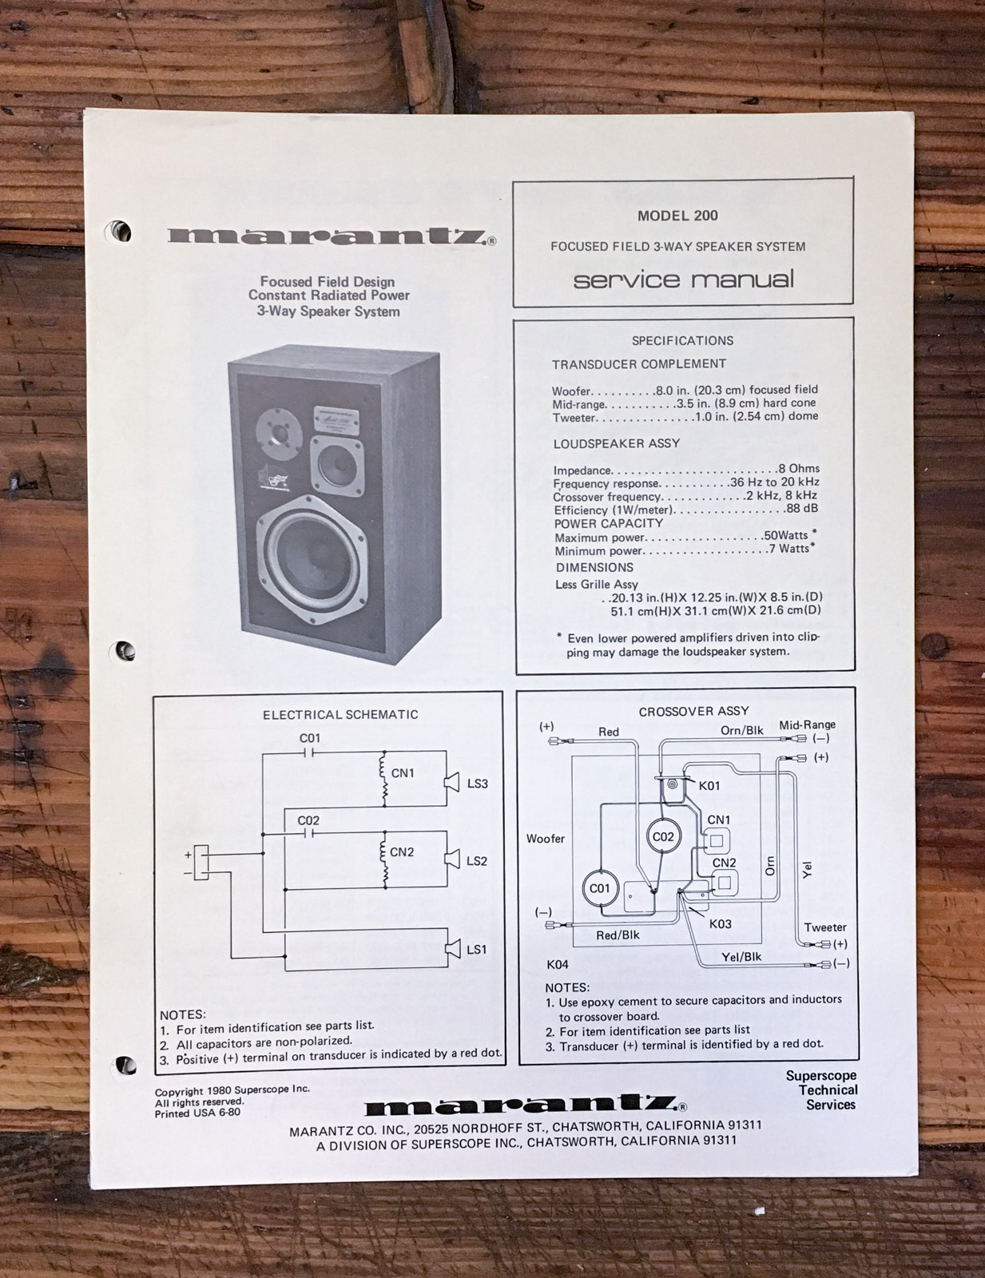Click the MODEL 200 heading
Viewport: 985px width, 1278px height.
click(677, 216)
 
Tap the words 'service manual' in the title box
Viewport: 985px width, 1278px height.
click(683, 279)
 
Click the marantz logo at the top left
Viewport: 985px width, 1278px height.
click(332, 236)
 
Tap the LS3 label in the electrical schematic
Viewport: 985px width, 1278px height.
click(478, 784)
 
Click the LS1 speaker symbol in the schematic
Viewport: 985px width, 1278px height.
click(452, 949)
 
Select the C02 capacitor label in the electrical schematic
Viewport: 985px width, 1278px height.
click(308, 820)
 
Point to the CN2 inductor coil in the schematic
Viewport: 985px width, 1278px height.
click(385, 859)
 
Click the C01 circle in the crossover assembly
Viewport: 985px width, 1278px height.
click(600, 888)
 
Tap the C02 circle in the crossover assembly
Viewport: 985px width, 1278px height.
click(663, 836)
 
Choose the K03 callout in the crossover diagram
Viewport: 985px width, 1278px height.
click(721, 924)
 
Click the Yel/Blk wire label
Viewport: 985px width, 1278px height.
click(741, 957)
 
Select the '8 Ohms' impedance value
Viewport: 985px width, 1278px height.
click(798, 469)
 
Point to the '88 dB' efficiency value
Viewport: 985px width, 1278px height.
click(801, 509)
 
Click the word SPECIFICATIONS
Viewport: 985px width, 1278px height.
click(683, 340)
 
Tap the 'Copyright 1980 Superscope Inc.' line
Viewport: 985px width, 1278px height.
click(232, 1089)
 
